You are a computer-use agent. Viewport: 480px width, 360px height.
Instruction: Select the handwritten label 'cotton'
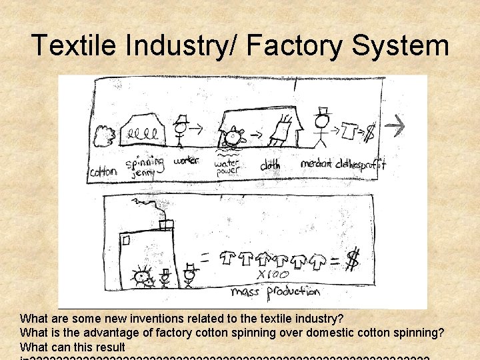(x=103, y=171)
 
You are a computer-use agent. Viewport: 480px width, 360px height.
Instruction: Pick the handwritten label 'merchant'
(x=317, y=164)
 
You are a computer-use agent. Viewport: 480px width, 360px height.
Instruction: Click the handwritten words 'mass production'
(x=275, y=291)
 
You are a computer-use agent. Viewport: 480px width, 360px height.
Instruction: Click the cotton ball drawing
(x=105, y=135)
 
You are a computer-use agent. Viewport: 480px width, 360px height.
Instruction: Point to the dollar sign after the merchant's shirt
(x=368, y=133)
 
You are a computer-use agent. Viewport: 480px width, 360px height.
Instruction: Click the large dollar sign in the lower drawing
(x=352, y=261)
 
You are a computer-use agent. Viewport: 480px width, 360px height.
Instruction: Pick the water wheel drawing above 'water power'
(x=233, y=138)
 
